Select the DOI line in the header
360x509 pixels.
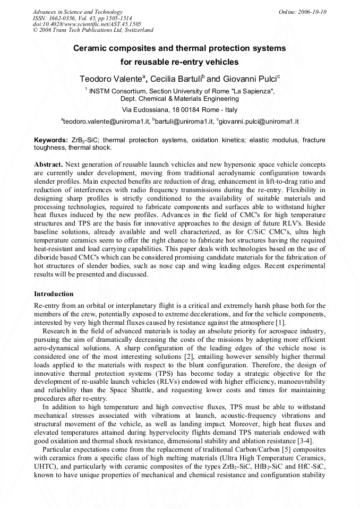coord(87,24)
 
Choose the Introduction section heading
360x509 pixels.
coord(54,294)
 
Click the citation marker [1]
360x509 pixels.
coord(280,322)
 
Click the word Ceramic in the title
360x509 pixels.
coord(91,48)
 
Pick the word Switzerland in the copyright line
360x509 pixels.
coord(135,30)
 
